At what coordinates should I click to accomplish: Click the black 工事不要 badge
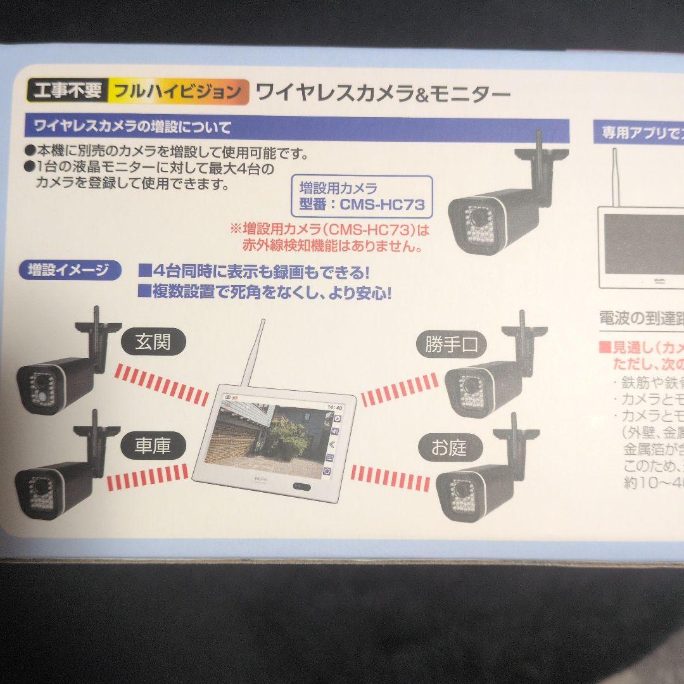pyautogui.click(x=66, y=91)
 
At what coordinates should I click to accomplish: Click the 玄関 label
pyautogui.click(x=153, y=343)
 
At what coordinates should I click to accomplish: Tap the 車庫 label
pyautogui.click(x=152, y=446)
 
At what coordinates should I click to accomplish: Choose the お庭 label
pyautogui.click(x=448, y=448)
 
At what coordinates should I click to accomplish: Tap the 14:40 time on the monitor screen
pyautogui.click(x=335, y=407)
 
